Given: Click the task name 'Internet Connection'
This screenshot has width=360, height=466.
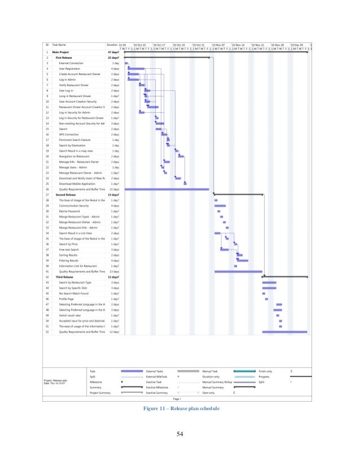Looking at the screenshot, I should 71,63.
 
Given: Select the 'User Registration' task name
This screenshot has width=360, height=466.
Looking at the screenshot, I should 71,68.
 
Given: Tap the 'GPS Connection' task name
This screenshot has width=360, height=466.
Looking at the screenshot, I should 69,135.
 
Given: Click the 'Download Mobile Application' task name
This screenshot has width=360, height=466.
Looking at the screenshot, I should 78,184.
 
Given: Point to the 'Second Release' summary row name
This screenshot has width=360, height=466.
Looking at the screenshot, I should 67,195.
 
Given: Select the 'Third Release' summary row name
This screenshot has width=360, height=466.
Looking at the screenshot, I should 65,277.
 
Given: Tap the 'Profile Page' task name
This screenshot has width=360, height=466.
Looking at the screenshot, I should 67,299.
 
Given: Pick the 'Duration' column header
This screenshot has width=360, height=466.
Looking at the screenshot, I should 112,45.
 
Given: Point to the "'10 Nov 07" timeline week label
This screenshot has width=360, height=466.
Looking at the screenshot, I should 218,45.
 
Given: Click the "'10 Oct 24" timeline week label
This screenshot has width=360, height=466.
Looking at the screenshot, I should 179,45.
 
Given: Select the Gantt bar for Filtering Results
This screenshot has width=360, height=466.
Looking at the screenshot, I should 243,260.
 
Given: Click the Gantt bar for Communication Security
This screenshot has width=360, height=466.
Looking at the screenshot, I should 220,206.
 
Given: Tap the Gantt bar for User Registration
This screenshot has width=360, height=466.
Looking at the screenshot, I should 136,69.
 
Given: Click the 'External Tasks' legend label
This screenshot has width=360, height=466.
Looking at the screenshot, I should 155,371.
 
